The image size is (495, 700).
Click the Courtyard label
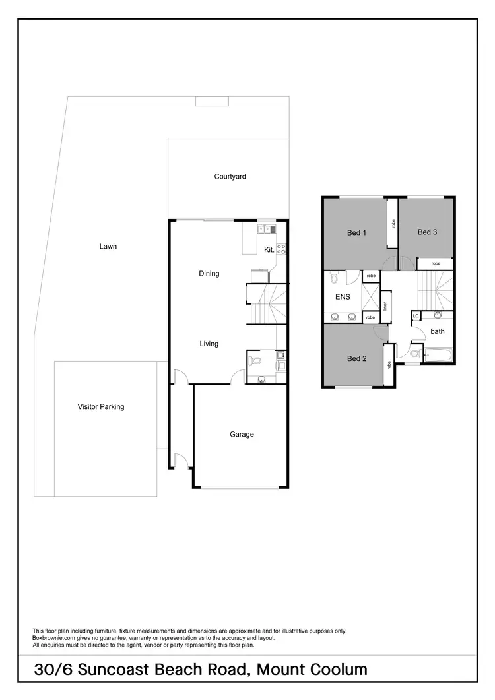(x=230, y=177)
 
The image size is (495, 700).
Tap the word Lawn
(x=108, y=247)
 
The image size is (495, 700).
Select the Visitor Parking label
(x=100, y=407)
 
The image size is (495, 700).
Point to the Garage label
(x=242, y=435)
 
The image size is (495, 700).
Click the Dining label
(x=209, y=274)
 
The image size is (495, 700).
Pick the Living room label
(x=209, y=344)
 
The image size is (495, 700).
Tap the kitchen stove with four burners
(x=280, y=249)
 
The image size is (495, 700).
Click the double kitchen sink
(x=267, y=230)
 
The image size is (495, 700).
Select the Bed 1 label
(x=356, y=232)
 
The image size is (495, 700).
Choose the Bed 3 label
(x=427, y=232)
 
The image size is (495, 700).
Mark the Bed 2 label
(x=356, y=359)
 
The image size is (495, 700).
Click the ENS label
(x=343, y=297)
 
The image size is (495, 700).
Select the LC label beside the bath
(x=416, y=317)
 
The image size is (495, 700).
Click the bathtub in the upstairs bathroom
(x=436, y=356)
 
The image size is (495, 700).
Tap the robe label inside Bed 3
(x=436, y=264)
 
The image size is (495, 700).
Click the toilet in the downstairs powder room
(x=257, y=361)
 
